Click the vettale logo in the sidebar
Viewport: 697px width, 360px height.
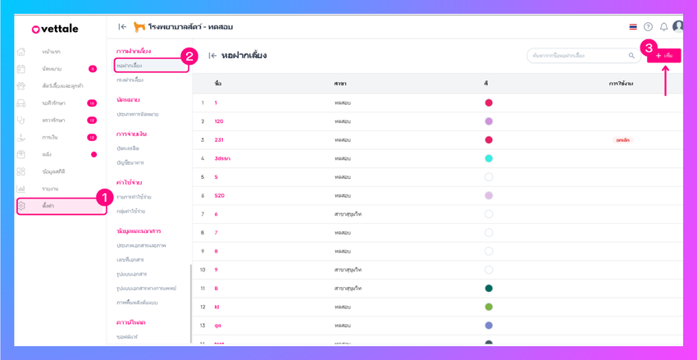(55, 29)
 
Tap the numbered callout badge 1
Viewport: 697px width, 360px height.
(104, 198)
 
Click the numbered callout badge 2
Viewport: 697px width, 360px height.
(189, 57)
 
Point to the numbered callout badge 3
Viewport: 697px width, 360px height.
(649, 48)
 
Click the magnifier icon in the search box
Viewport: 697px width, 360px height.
(631, 56)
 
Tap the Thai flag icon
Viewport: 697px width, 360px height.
(633, 27)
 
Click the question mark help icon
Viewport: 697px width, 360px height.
(648, 27)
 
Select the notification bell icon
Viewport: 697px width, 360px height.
(663, 27)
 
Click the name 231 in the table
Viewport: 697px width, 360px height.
(219, 140)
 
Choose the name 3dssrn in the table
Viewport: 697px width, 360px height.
(222, 158)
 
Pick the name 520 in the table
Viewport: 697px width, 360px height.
(220, 196)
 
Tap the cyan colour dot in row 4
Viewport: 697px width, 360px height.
(489, 158)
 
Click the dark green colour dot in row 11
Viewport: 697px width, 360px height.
(489, 289)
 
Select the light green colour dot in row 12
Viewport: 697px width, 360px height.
(489, 308)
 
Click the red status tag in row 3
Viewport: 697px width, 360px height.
(622, 140)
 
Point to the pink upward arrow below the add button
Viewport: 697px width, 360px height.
(665, 80)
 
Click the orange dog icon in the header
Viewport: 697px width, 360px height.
(139, 27)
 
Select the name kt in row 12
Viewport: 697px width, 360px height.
(217, 308)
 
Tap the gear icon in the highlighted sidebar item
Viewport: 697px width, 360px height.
(21, 206)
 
